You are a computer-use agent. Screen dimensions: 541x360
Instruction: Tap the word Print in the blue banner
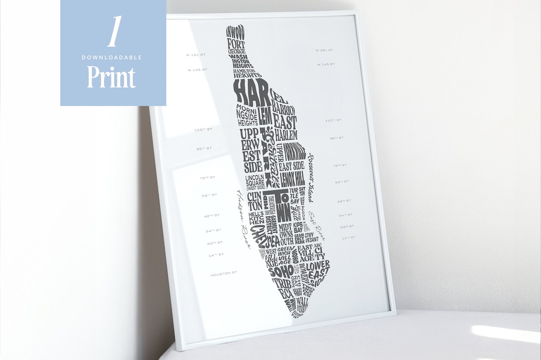pos(111,77)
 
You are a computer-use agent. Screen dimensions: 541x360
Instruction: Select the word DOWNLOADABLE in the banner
pos(112,57)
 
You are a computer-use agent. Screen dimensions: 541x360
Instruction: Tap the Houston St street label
pos(223,274)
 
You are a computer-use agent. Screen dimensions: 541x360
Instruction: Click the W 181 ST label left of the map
pos(196,54)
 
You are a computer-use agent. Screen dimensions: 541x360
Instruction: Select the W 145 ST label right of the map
pos(326,64)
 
